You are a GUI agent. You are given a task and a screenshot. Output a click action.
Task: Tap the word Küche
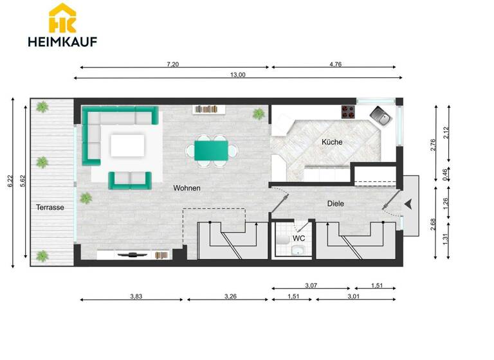click(332, 142)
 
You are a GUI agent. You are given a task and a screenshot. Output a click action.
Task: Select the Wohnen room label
click(187, 188)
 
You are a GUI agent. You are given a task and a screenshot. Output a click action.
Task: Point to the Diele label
click(336, 203)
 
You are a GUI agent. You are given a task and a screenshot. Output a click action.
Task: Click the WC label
click(298, 239)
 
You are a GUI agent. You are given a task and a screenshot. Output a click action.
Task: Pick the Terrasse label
click(49, 208)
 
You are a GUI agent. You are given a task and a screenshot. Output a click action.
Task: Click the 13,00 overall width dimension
click(237, 75)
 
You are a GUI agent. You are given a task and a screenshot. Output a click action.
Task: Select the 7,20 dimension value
click(172, 64)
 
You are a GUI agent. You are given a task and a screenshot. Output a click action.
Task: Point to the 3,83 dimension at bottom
click(136, 296)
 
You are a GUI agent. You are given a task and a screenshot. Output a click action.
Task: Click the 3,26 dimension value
click(230, 296)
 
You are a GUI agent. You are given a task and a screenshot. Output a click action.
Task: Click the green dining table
click(210, 151)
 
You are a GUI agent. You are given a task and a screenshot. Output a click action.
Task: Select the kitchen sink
click(380, 116)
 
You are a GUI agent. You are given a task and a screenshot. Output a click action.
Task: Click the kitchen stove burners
click(348, 112)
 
